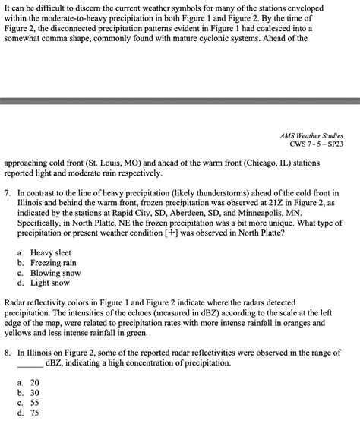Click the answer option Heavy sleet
coord(52,252)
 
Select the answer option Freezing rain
coord(55,262)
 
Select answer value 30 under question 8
coord(35,393)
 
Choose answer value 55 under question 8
coord(35,403)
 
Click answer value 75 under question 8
coord(35,413)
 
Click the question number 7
coord(7,194)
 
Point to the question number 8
coord(7,353)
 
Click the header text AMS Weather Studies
coord(311,134)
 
